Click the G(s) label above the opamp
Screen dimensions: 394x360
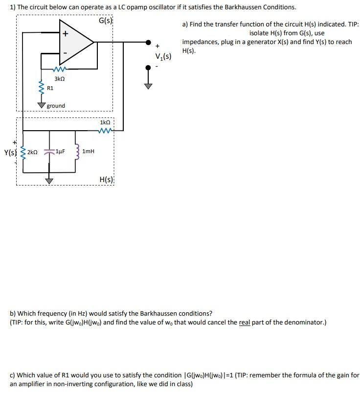(105, 21)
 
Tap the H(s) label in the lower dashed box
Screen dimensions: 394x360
(106, 180)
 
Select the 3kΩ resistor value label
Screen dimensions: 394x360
(60, 79)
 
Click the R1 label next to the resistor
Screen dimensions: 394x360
(50, 89)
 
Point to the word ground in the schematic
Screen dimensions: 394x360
(56, 106)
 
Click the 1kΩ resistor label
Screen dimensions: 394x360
(105, 122)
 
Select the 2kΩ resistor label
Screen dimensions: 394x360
(32, 152)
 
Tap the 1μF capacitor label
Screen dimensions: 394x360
(61, 152)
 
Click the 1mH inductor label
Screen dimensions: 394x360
(89, 152)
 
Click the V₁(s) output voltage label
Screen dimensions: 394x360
(163, 56)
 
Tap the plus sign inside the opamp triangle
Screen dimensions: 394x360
(65, 33)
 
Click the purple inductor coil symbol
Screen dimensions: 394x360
(75, 152)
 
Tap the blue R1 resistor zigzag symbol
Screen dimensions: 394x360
(42, 89)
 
